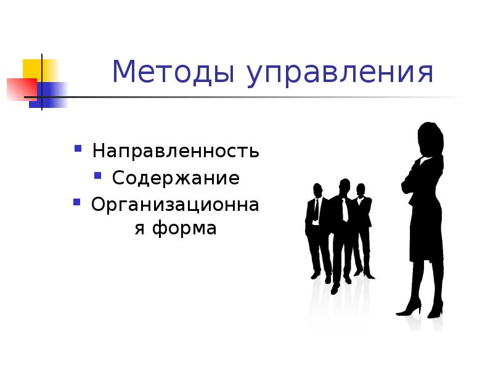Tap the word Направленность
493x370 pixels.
pyautogui.click(x=176, y=151)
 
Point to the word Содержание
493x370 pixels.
pyautogui.click(x=176, y=178)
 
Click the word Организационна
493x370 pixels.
pyautogui.click(x=175, y=204)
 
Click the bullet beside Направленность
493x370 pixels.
pyautogui.click(x=78, y=149)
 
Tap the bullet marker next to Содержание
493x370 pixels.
pyautogui.click(x=97, y=176)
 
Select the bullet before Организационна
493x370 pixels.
pyautogui.click(x=77, y=202)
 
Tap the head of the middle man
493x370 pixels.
pyautogui.click(x=344, y=187)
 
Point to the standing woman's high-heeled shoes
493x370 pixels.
pyautogui.click(x=419, y=308)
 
